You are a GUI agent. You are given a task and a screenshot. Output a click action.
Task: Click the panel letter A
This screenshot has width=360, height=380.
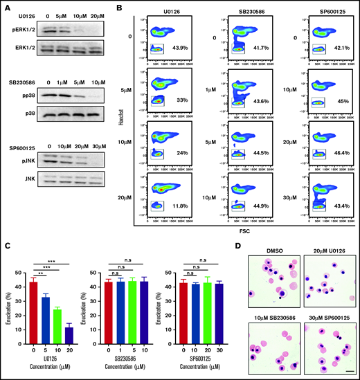point(6,7)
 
